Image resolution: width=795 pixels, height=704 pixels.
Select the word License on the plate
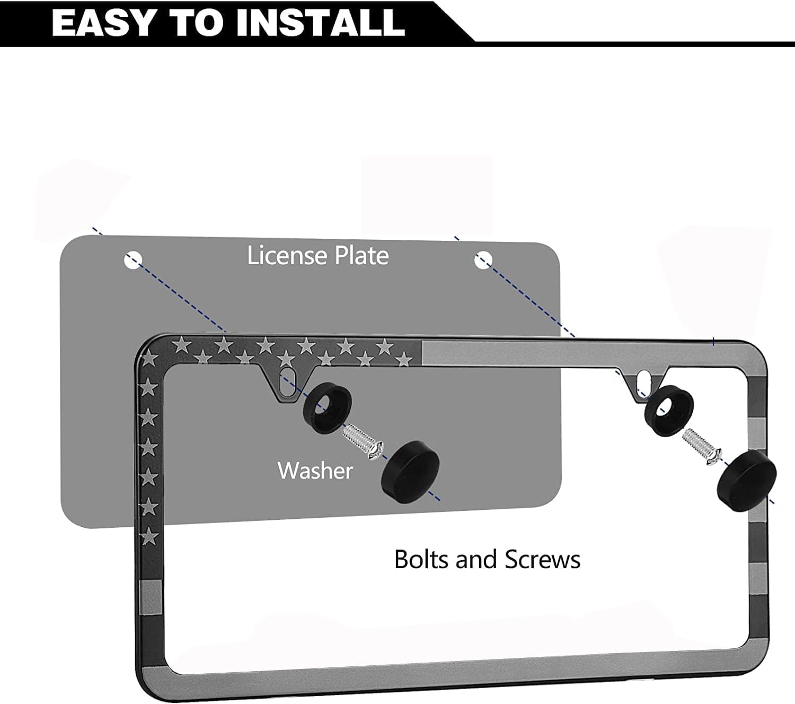coord(287,256)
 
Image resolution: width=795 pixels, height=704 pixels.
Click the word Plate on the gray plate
coord(360,256)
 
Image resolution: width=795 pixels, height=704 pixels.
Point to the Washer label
coord(315,471)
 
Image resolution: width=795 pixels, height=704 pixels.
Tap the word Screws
coord(542,559)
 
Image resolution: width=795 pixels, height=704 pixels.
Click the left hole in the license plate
coord(133,260)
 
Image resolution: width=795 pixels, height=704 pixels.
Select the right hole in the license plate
coord(483,259)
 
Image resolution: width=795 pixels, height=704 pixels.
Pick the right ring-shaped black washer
coord(669,406)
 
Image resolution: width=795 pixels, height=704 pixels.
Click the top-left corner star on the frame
coord(150,359)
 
